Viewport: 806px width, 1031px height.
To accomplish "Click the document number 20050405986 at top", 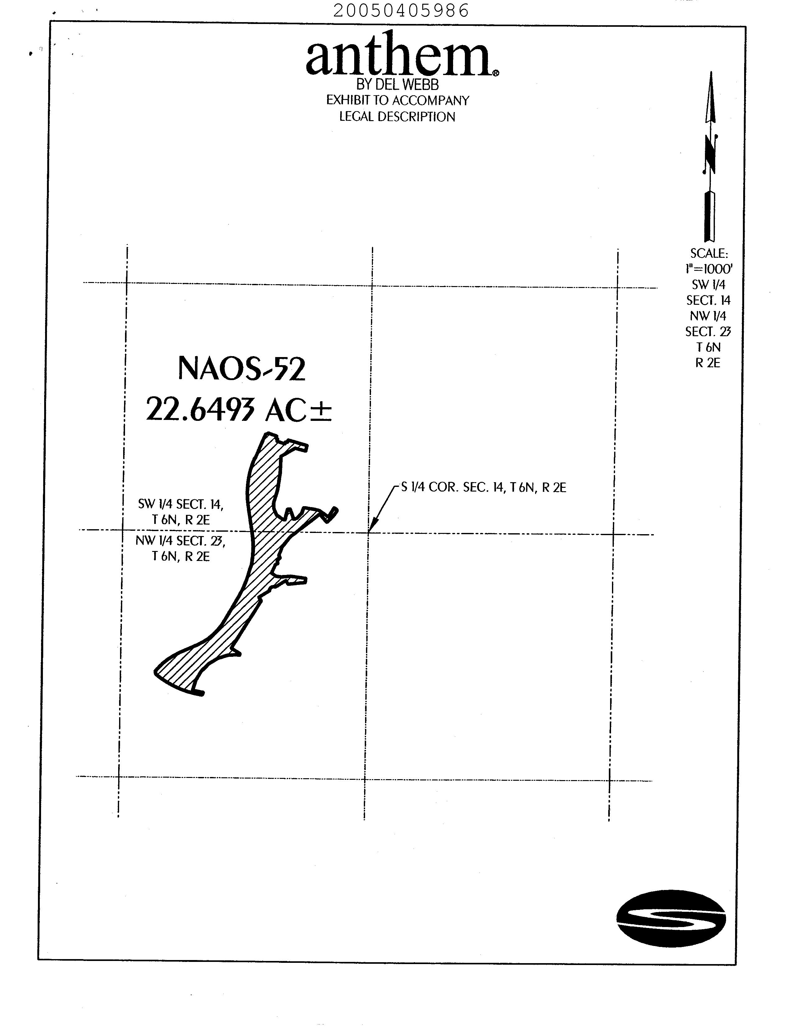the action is click(x=401, y=10).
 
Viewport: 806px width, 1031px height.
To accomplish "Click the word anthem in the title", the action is click(x=399, y=56).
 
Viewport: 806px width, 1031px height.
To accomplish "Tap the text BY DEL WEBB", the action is click(x=397, y=85).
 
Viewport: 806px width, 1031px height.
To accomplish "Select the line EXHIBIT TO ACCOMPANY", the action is click(x=398, y=100).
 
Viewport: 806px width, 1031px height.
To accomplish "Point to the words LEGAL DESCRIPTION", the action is click(x=397, y=117).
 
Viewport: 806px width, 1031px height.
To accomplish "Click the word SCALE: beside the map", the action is click(x=709, y=254).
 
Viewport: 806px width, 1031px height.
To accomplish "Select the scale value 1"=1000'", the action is click(x=709, y=269).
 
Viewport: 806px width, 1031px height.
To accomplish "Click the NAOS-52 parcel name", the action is click(x=242, y=369).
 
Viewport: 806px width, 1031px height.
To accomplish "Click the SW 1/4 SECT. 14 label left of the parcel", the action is click(x=181, y=511).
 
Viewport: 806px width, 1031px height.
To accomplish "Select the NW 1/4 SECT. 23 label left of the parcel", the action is click(x=180, y=548).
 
